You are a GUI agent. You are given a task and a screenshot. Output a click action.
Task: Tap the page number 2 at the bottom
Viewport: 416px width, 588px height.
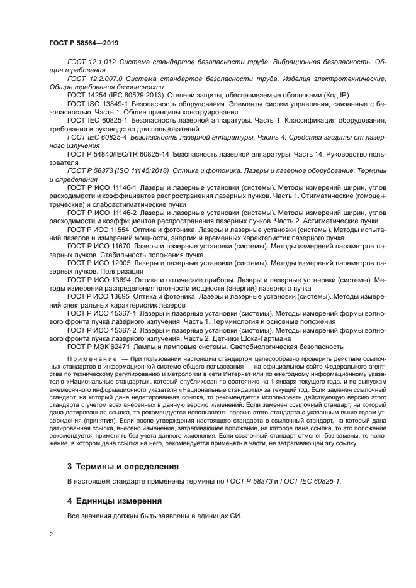(x=51, y=534)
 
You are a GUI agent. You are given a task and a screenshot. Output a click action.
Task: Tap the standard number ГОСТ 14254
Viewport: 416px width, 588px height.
(x=86, y=94)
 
